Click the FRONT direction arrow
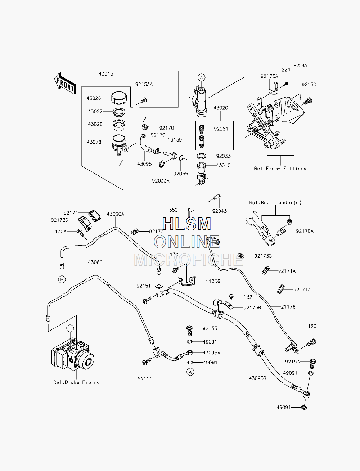pyautogui.click(x=65, y=84)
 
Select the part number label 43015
pyautogui.click(x=106, y=73)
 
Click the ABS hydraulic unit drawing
pyautogui.click(x=73, y=354)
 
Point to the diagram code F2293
pyautogui.click(x=300, y=66)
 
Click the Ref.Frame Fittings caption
pyautogui.click(x=280, y=169)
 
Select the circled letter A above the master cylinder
pyautogui.click(x=201, y=77)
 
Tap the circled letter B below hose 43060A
pyautogui.click(x=62, y=279)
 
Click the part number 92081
pyautogui.click(x=221, y=129)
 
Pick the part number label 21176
pyautogui.click(x=288, y=307)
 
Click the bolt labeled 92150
pyautogui.click(x=308, y=100)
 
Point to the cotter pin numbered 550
pyautogui.click(x=189, y=212)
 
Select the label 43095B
pyautogui.click(x=257, y=378)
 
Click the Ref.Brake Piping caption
pyautogui.click(x=76, y=382)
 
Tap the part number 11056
pyautogui.click(x=213, y=281)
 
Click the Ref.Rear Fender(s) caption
pyautogui.click(x=275, y=203)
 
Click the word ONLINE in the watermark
pyautogui.click(x=187, y=242)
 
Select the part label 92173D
pyautogui.click(x=60, y=220)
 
